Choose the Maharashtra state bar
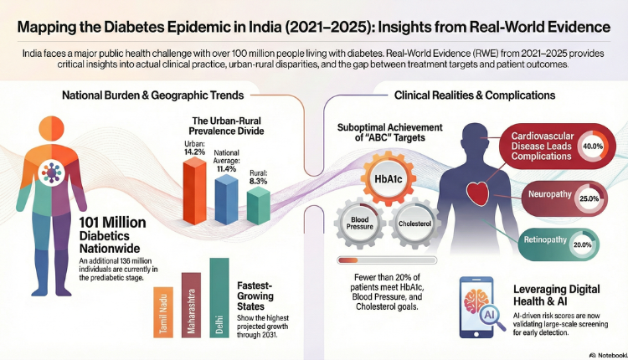point(192,304)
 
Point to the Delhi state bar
point(219,297)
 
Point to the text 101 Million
point(112,224)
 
